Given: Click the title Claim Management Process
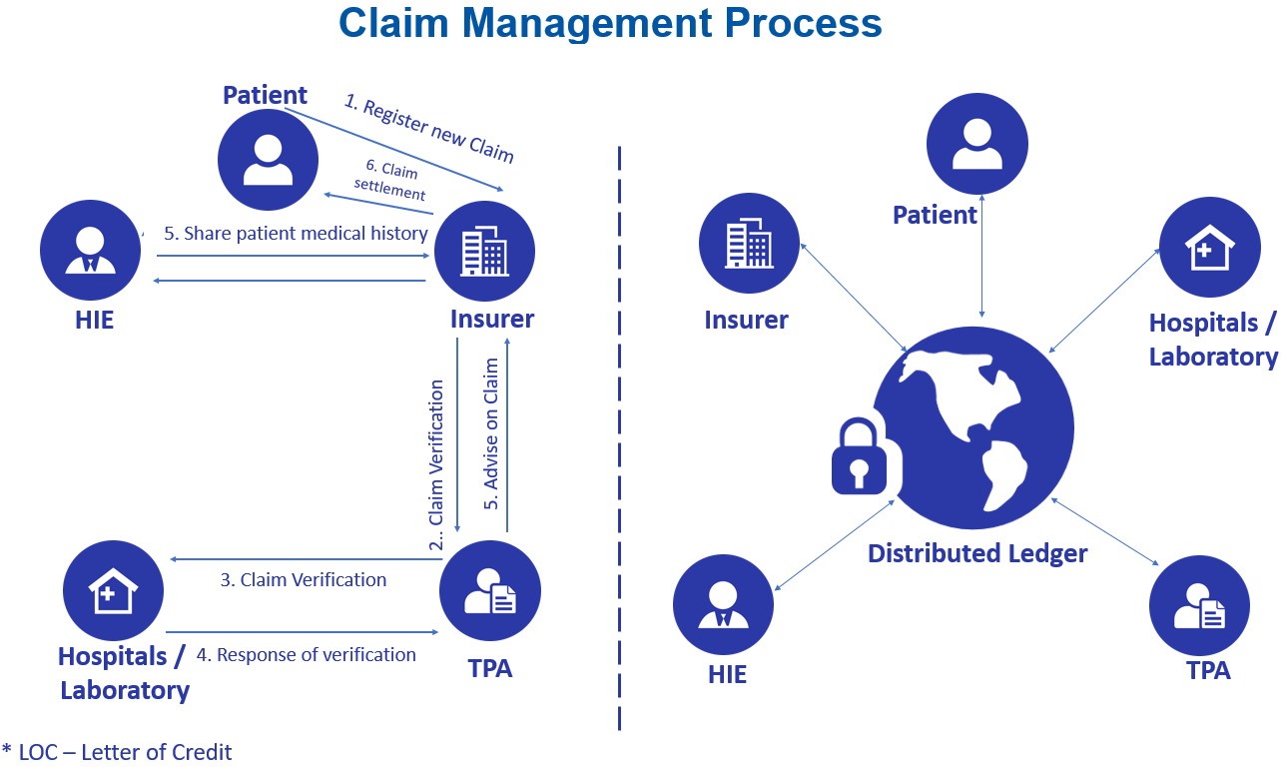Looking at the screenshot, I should click(x=610, y=23).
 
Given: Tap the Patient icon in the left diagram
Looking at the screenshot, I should click(x=268, y=159).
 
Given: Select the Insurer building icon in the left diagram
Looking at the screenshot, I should click(x=484, y=251).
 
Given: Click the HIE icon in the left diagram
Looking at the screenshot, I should click(x=90, y=251).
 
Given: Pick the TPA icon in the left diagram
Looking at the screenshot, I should click(x=489, y=590).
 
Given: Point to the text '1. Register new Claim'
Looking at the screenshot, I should click(x=429, y=129).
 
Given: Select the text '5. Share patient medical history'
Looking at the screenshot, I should click(x=296, y=234).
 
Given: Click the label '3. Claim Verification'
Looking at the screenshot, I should click(x=304, y=579).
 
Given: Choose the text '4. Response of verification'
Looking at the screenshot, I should click(x=306, y=655).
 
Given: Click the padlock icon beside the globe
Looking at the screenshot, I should click(x=860, y=456).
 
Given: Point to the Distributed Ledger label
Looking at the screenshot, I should click(x=976, y=553).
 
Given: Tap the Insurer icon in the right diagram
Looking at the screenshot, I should click(x=749, y=243).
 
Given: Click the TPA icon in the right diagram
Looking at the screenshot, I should click(x=1199, y=605).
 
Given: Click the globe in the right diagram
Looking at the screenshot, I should click(x=973, y=427).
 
